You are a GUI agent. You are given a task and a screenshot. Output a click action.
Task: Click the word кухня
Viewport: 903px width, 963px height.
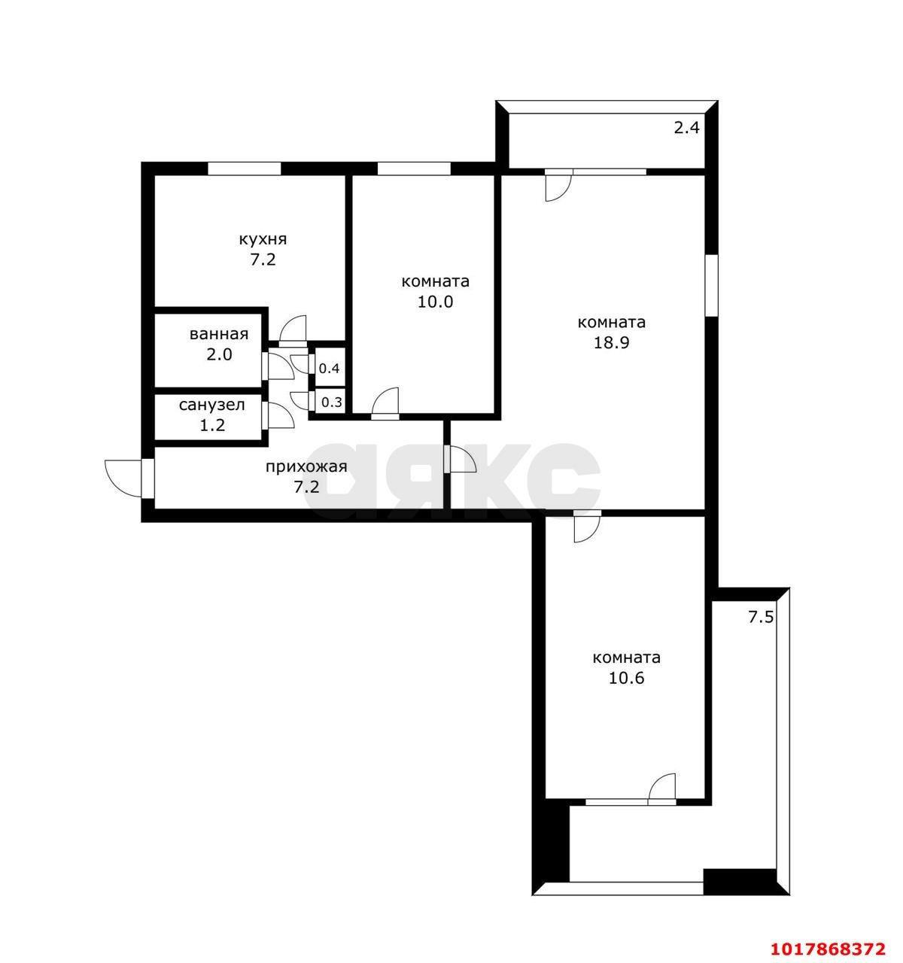263,239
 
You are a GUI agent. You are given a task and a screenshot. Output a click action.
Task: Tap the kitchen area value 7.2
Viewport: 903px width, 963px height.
263,260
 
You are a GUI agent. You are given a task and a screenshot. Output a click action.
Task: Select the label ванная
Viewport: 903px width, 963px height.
219,334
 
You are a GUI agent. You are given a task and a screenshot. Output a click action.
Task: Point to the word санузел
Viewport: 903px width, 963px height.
211,405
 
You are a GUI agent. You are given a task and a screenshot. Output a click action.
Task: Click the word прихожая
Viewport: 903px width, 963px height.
306,467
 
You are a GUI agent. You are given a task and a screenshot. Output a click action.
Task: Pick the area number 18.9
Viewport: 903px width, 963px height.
611,343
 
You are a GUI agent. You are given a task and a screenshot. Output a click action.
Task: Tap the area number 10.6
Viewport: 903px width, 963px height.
626,678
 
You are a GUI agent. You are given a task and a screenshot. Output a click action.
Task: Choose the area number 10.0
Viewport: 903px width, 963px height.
435,302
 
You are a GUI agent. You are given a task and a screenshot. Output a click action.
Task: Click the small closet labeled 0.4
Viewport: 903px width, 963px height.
329,368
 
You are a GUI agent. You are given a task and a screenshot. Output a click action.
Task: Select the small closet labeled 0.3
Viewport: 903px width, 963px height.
331,402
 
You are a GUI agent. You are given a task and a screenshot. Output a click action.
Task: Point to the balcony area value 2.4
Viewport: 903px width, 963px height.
686,128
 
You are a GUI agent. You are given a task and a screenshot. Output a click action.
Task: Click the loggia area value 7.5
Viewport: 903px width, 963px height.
760,617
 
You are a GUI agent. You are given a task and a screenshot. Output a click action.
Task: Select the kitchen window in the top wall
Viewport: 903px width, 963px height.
244,169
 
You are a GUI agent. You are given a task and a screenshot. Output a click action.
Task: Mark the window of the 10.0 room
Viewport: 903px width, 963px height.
414,169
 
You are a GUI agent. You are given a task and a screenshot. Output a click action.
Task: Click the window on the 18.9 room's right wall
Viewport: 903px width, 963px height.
711,285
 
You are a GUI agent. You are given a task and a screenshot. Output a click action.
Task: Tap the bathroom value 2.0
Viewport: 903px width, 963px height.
219,354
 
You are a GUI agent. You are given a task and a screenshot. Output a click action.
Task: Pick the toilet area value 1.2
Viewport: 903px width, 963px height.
212,425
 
